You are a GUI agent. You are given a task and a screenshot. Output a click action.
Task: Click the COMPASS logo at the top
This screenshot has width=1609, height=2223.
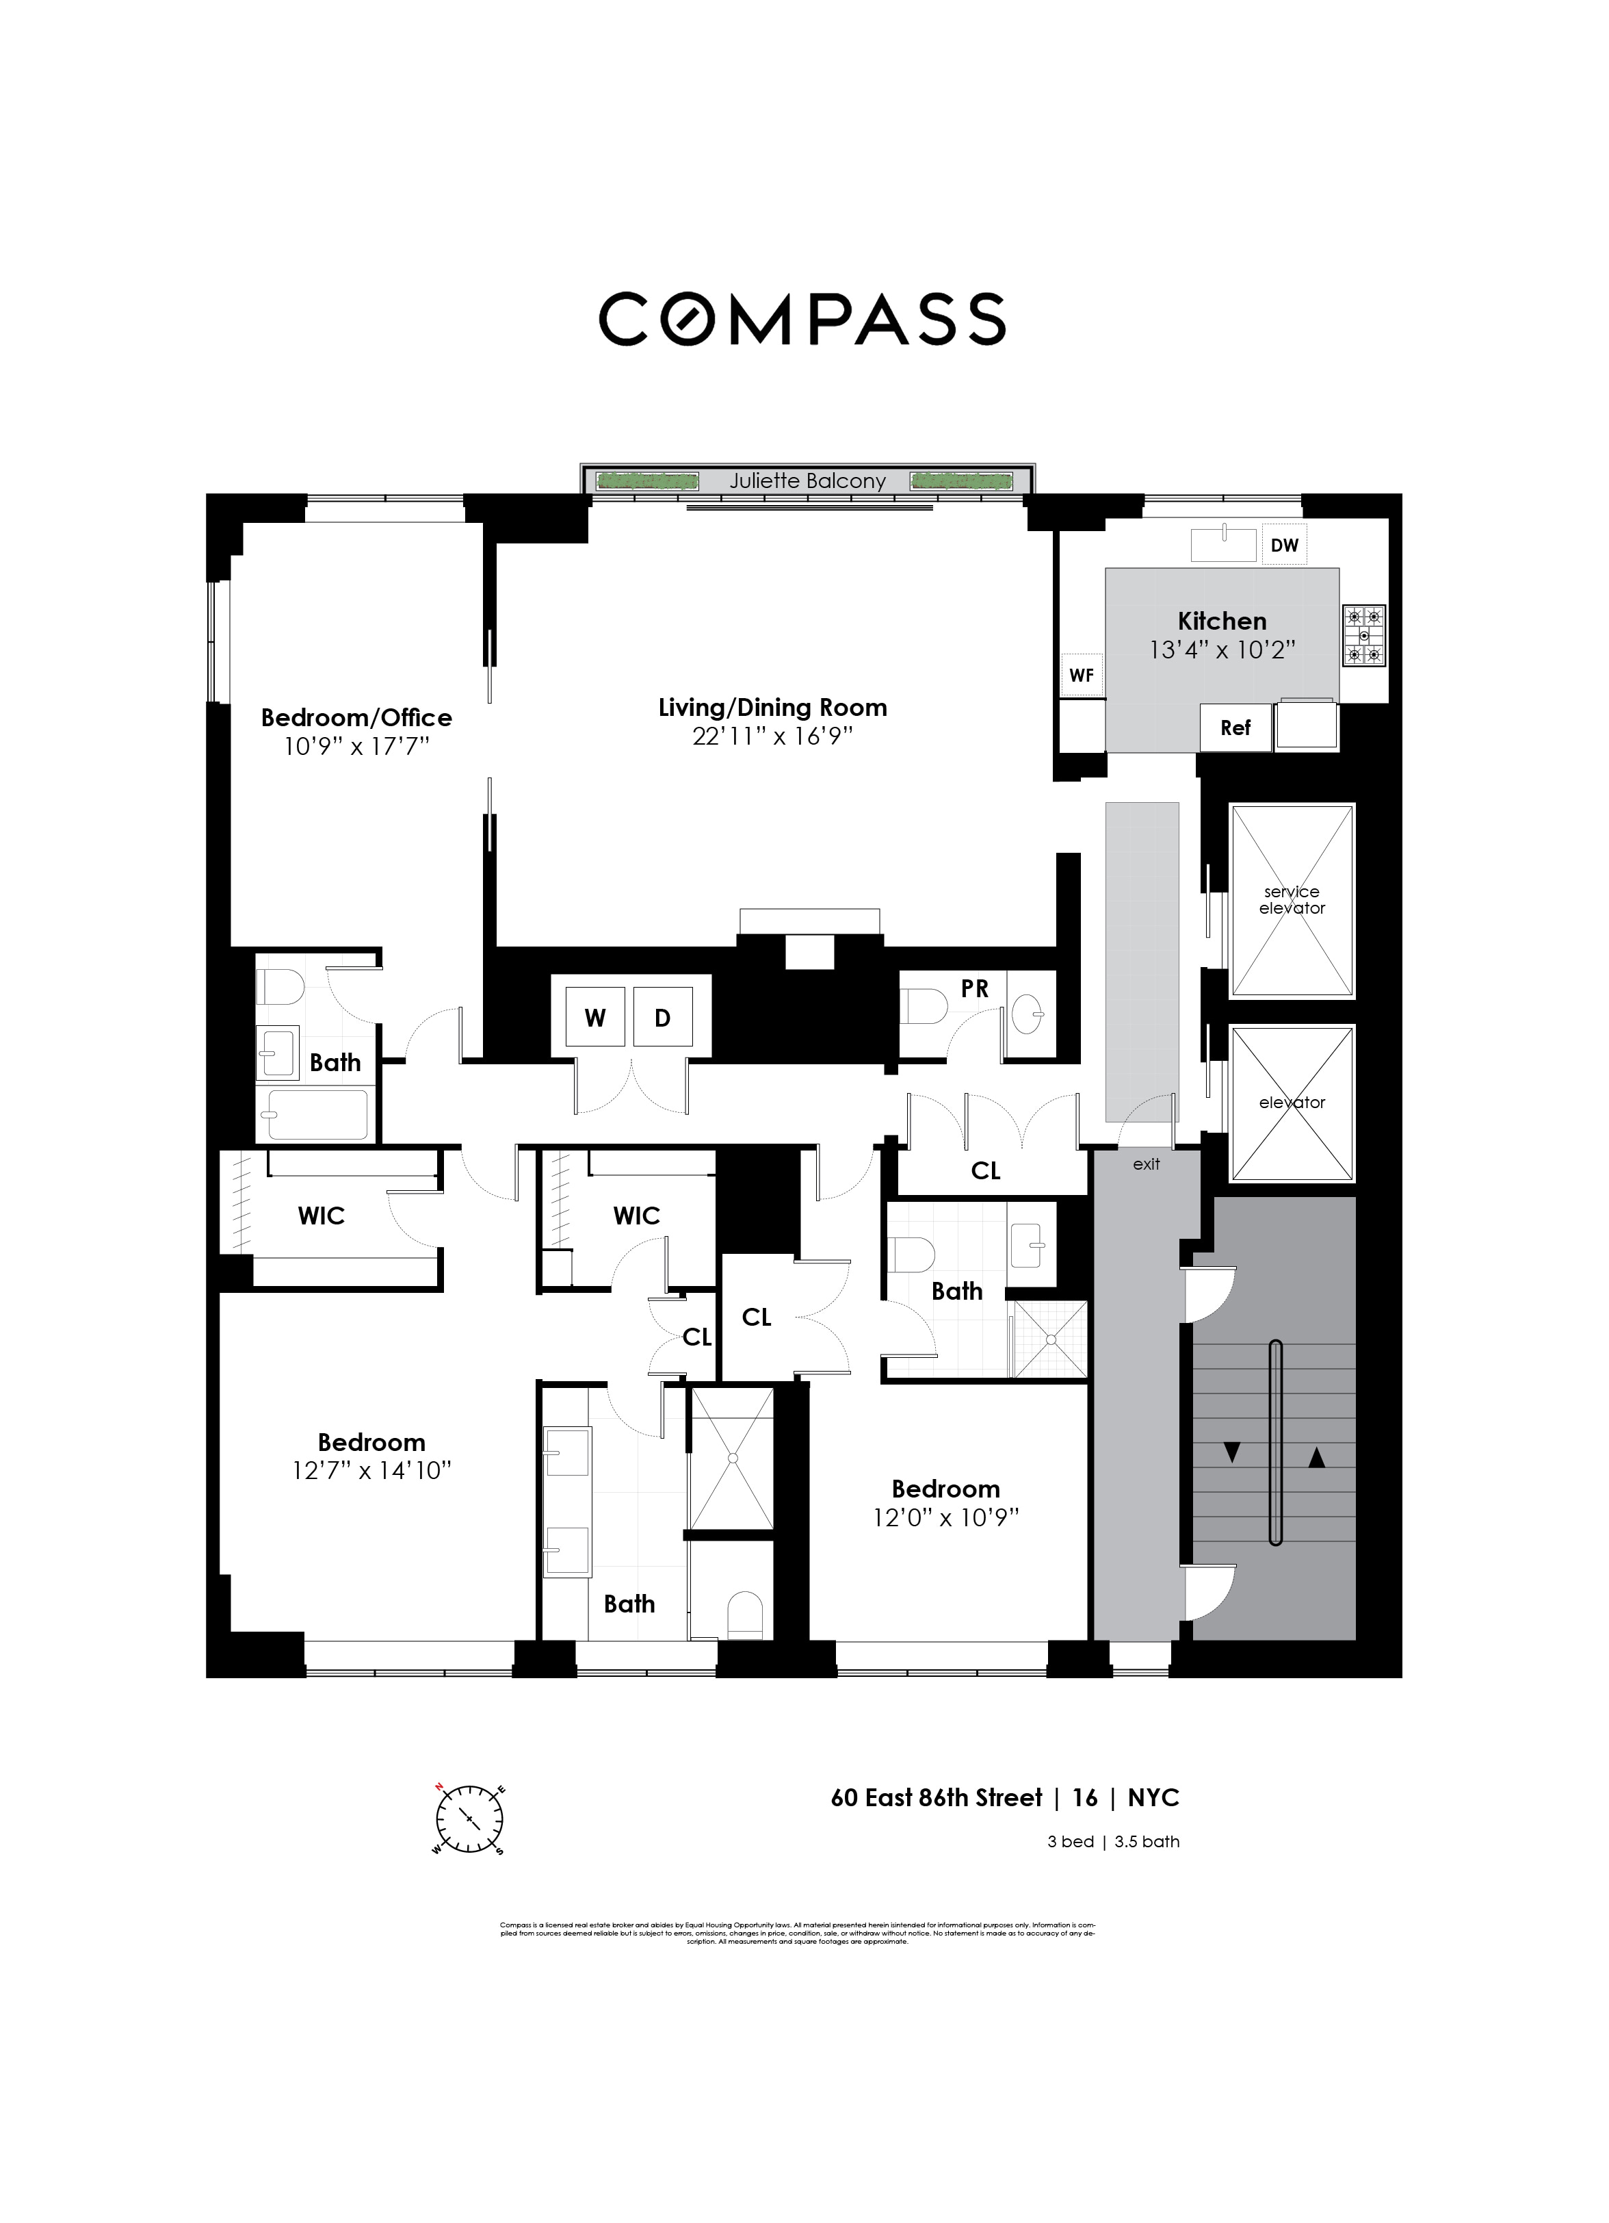[x=802, y=318]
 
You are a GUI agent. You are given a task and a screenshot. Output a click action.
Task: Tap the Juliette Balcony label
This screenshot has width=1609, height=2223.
[x=807, y=481]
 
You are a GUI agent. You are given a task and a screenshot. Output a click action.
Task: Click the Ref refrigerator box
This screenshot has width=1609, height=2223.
[x=1235, y=728]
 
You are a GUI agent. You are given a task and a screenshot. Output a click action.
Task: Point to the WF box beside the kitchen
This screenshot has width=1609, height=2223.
[x=1081, y=676]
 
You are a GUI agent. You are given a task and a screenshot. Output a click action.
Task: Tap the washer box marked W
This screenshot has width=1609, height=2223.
[x=594, y=1018]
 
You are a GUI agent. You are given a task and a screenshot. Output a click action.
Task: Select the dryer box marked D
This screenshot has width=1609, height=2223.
[x=662, y=1018]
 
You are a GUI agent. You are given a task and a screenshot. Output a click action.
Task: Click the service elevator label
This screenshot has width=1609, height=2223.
[x=1292, y=900]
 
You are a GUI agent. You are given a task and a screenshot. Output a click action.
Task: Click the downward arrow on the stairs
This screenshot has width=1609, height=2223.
[x=1233, y=1454]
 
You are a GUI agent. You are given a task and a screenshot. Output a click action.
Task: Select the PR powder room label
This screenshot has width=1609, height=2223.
[x=974, y=989]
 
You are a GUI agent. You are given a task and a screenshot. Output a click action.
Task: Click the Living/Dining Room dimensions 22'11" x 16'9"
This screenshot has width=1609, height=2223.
[x=772, y=737]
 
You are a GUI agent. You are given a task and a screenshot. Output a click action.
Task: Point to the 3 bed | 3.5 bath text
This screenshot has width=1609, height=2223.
[x=1113, y=1842]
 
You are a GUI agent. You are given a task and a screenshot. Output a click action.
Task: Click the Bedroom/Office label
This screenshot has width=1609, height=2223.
[x=356, y=717]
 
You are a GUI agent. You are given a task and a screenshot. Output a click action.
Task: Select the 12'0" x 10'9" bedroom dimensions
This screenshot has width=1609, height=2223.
[x=945, y=1518]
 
